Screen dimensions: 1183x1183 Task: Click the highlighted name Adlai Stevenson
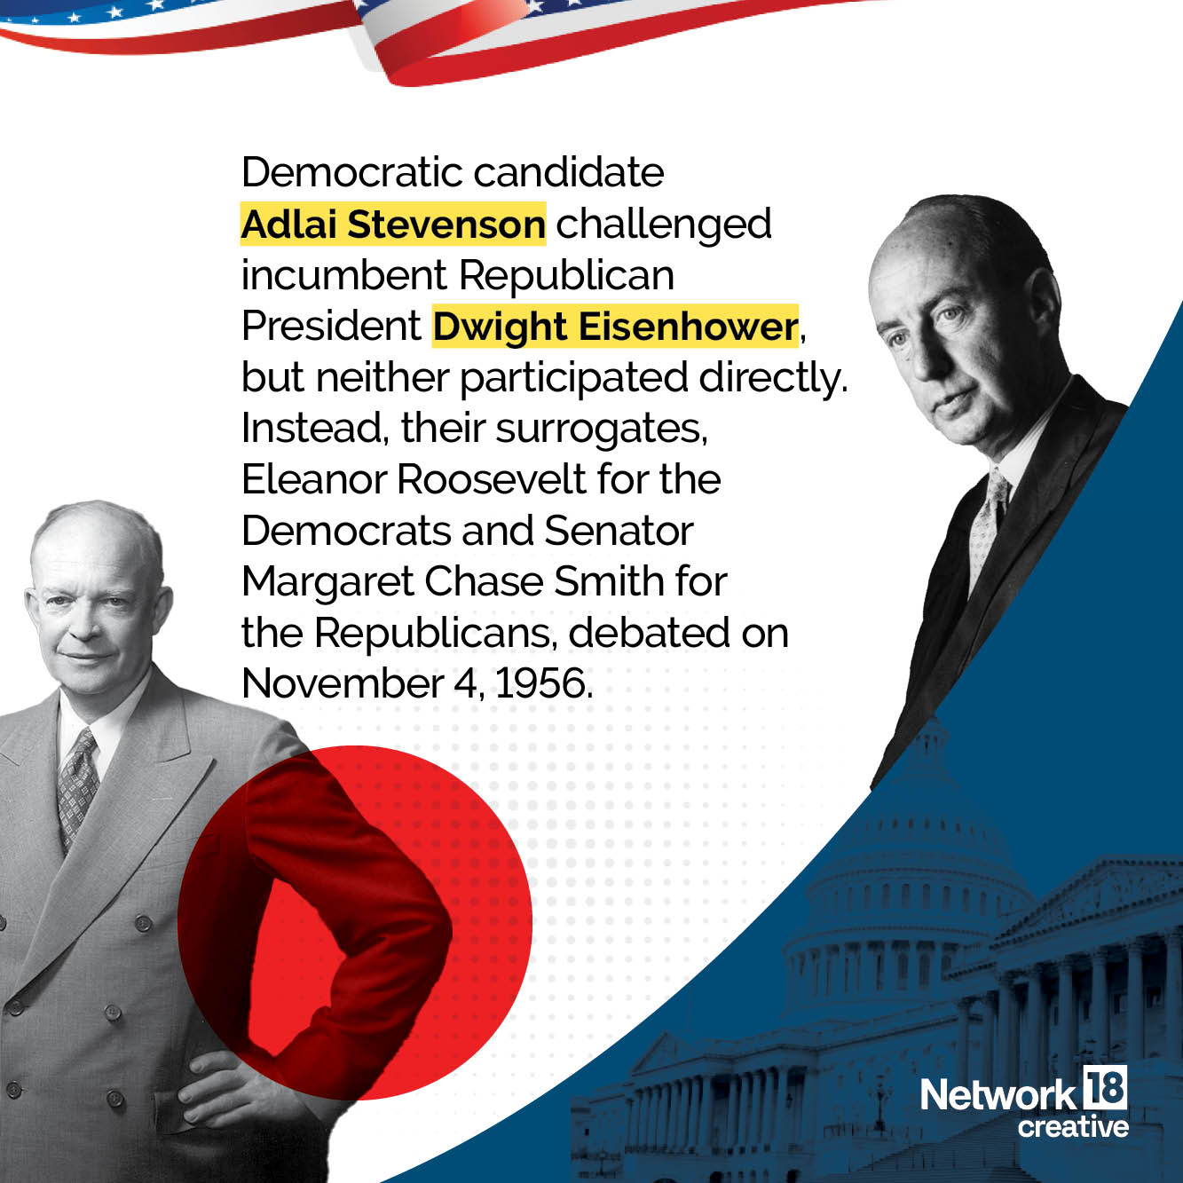tap(392, 225)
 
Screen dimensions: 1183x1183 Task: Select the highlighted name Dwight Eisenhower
tap(615, 327)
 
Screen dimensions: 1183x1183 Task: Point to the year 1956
tap(542, 683)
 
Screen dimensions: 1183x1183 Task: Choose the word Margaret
tap(327, 582)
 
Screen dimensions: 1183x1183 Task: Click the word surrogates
tap(601, 429)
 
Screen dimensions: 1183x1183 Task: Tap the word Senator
tap(618, 531)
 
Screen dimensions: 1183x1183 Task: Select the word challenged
tap(663, 225)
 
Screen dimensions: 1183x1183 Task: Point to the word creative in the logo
tap(1073, 1126)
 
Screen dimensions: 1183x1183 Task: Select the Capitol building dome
tap(914, 852)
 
